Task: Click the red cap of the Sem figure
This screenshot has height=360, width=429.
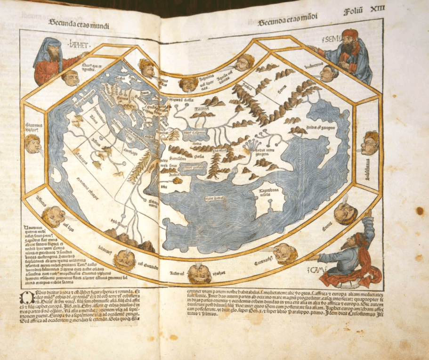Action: (x=350, y=34)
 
